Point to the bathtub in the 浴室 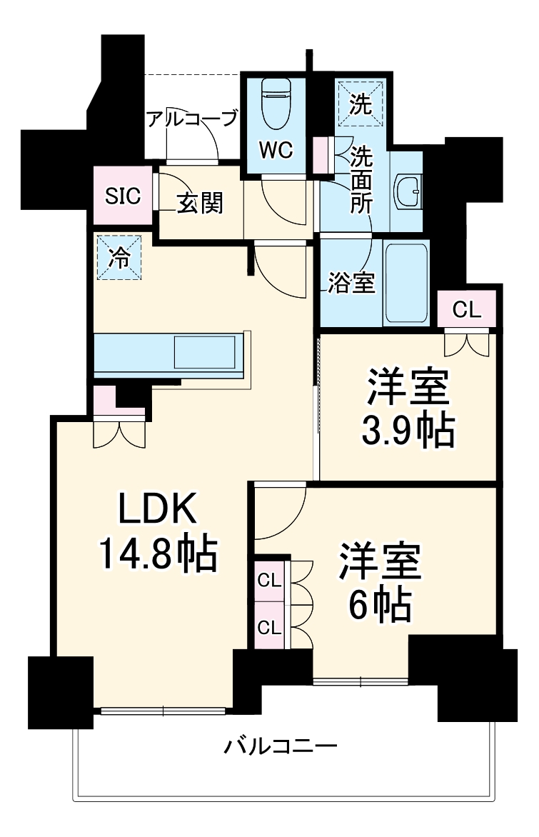tap(406, 283)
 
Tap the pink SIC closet tap(124, 195)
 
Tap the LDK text tap(156, 509)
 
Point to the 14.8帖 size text tap(157, 553)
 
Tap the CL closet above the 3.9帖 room tap(468, 309)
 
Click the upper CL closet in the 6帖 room tap(270, 580)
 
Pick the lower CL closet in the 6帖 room tap(270, 627)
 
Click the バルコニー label tap(281, 747)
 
